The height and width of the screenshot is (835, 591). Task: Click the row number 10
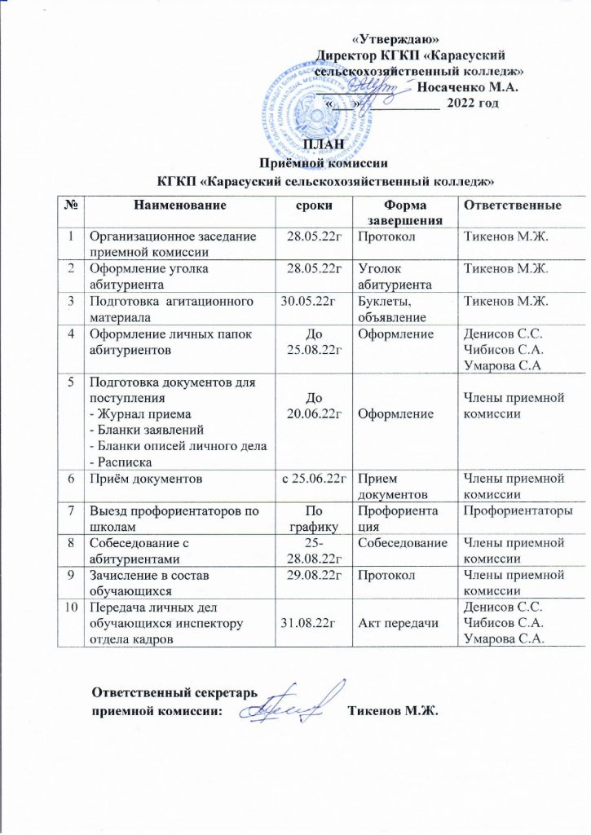tap(75, 607)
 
